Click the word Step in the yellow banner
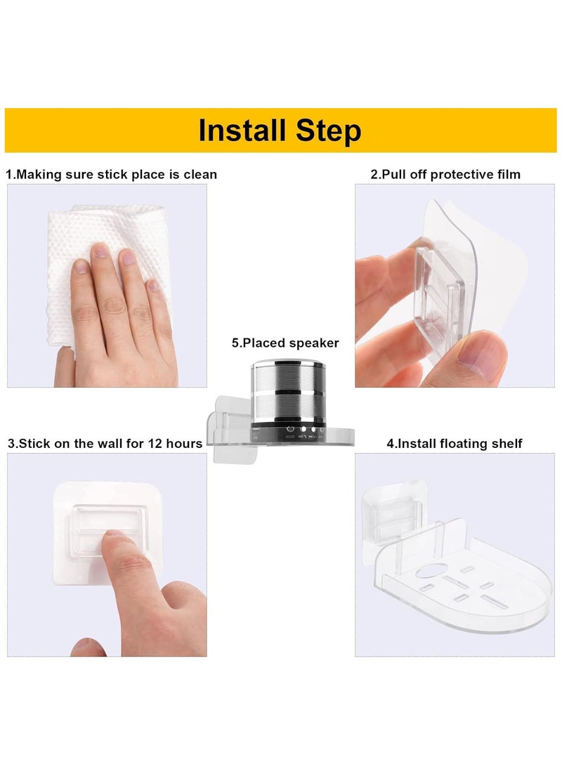(325, 131)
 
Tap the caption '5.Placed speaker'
(285, 343)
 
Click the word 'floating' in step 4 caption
(464, 443)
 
